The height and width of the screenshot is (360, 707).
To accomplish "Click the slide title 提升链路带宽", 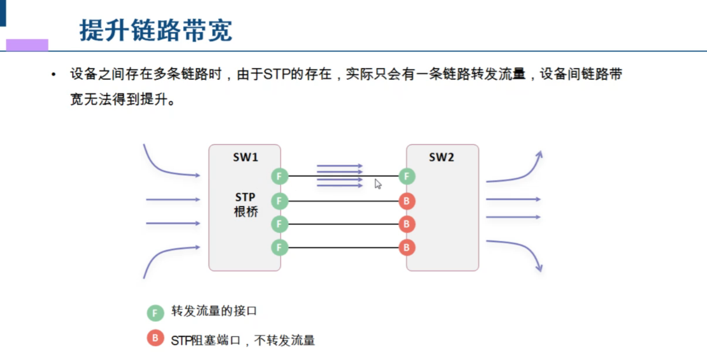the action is click(156, 30).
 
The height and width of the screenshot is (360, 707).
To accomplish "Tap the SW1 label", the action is click(246, 157).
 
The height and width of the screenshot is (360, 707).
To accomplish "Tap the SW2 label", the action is click(442, 157).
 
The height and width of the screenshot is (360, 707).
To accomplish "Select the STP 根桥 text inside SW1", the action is click(246, 204).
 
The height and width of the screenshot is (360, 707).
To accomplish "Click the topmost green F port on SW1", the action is click(280, 176).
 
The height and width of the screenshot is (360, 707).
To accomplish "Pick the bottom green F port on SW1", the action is click(280, 247).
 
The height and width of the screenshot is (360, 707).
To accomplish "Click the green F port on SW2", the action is click(407, 176).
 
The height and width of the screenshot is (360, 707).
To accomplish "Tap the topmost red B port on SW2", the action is click(407, 201).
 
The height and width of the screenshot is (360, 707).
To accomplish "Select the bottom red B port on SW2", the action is click(407, 247).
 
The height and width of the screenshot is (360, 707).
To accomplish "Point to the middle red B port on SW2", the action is click(407, 224).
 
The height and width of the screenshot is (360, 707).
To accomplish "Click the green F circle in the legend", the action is click(155, 313).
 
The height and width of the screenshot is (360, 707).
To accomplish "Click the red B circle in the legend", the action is click(155, 338).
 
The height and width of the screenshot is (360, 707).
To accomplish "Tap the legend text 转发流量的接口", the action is click(214, 312).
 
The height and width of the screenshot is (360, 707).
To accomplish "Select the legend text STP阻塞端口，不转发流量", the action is click(243, 340).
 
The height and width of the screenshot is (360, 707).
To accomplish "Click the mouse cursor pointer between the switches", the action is click(378, 184).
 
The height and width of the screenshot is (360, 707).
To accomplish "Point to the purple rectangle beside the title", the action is click(27, 45).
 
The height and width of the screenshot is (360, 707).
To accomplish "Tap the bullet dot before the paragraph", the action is click(54, 75).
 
